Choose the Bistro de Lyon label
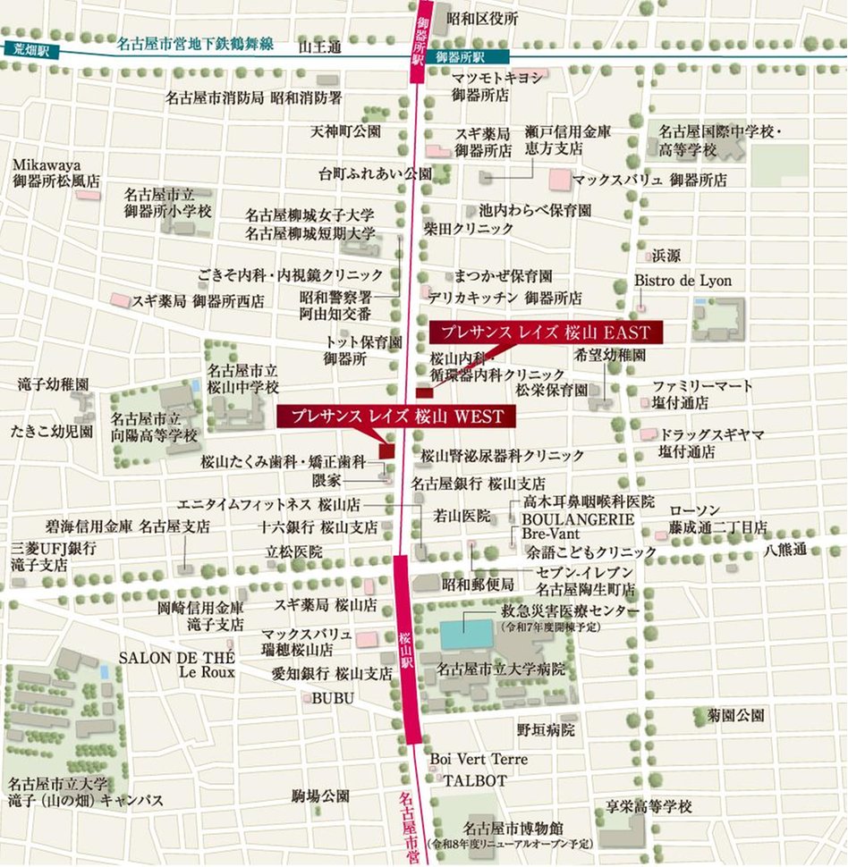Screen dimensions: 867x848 [683, 281]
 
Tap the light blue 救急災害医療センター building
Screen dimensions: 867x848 [465, 634]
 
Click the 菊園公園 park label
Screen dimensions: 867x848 [730, 715]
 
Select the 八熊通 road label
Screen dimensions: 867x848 [785, 549]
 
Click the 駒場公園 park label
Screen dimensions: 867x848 [319, 795]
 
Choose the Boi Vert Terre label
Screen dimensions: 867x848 [479, 759]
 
